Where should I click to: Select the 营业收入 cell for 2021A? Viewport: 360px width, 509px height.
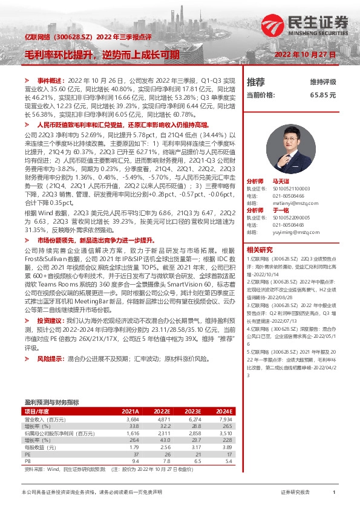point(132,419)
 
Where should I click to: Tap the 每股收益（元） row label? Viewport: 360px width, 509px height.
point(39,447)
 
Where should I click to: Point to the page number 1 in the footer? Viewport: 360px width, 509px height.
point(334,493)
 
